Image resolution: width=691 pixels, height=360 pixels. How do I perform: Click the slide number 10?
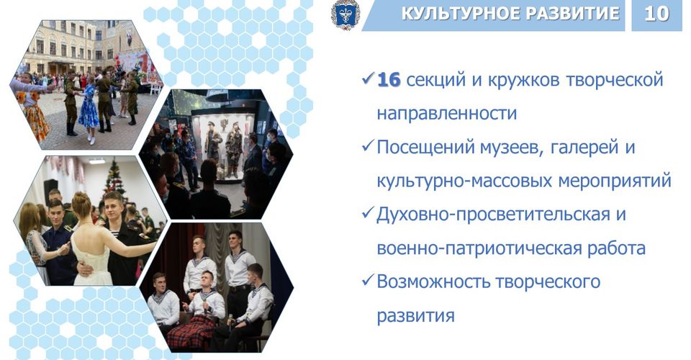coord(656,14)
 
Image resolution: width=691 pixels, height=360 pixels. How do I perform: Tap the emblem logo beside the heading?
coord(345,14)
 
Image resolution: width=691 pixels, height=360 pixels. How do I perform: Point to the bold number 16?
coord(389,80)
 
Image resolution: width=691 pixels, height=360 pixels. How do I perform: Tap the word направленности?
coord(446,114)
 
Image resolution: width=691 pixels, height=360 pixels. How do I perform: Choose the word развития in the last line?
coord(415,316)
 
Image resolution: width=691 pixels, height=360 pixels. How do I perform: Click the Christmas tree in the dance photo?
coord(114,178)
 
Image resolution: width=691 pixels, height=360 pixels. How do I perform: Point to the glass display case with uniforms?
coord(225,145)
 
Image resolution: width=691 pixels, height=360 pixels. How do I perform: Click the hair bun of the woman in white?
coord(82,199)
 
